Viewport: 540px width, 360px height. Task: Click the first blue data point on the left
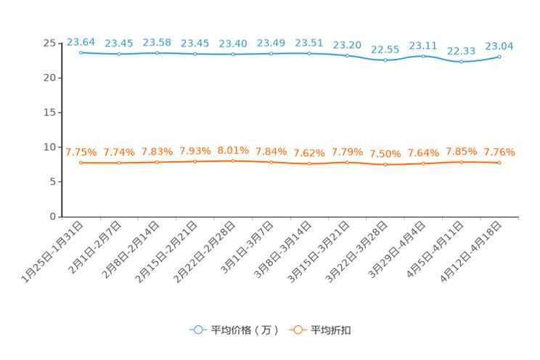point(81,52)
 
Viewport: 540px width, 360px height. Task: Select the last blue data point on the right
point(499,56)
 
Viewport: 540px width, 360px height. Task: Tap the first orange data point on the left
point(81,163)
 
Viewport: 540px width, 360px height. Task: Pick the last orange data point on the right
point(499,162)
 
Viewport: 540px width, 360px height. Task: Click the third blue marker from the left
point(157,53)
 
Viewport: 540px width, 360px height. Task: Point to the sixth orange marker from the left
point(271,162)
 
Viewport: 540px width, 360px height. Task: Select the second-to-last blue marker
point(461,62)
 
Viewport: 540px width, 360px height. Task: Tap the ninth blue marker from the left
point(385,60)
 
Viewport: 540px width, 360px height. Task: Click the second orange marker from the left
point(118,163)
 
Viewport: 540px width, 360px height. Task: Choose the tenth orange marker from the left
point(423,163)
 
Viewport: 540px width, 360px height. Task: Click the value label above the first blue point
point(81,41)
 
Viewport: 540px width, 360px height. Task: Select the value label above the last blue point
point(499,46)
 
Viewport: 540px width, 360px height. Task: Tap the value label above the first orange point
point(81,152)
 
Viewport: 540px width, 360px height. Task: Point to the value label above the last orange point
point(499,152)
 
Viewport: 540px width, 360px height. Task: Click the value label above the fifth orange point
point(233,150)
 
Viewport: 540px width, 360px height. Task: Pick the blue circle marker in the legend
point(197,330)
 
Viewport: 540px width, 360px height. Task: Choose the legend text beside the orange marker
point(331,330)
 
